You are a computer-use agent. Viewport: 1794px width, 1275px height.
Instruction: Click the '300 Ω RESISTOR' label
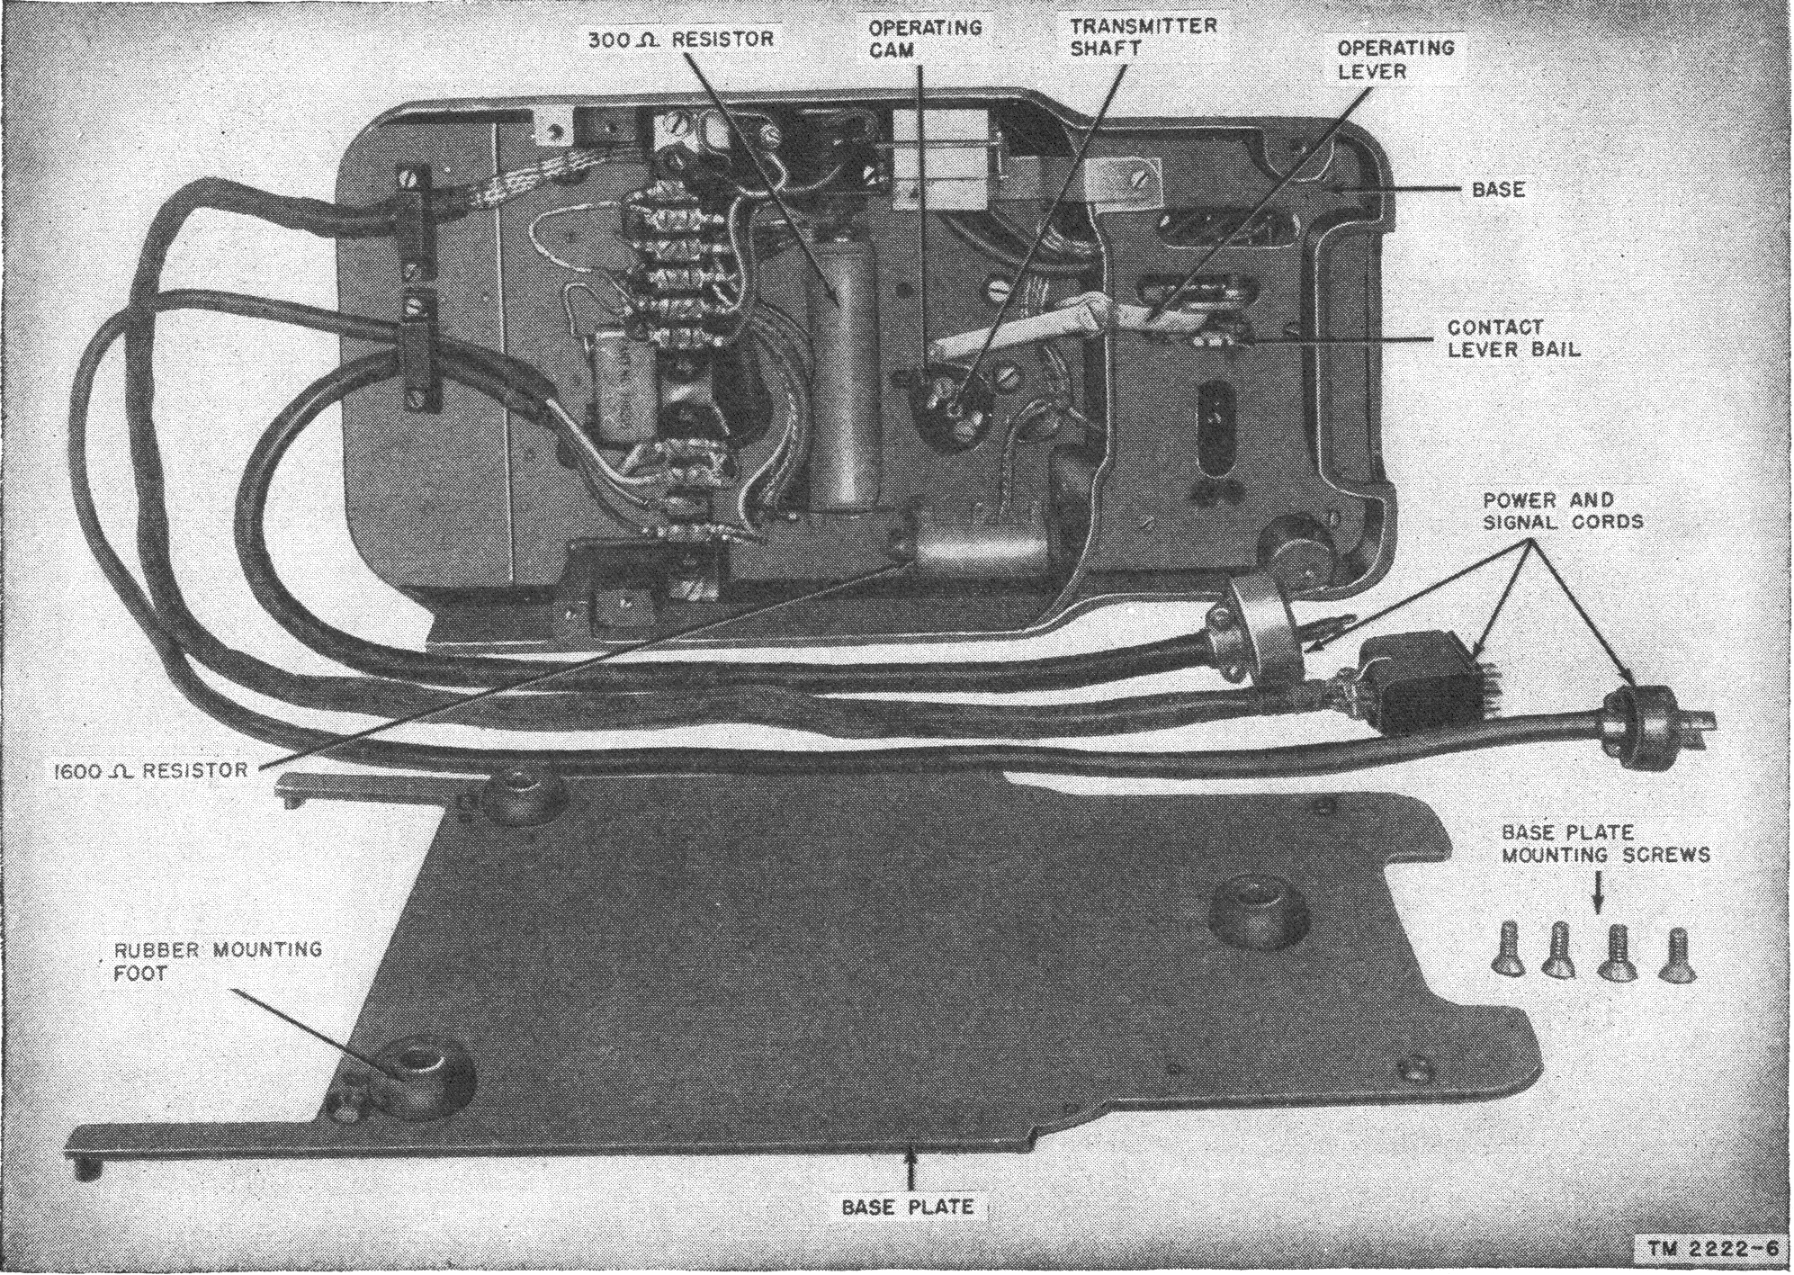[680, 40]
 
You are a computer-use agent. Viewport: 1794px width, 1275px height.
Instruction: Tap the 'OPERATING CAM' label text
[924, 39]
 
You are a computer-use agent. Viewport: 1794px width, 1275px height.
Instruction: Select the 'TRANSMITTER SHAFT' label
[1143, 37]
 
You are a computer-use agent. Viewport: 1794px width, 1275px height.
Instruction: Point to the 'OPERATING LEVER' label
[1395, 58]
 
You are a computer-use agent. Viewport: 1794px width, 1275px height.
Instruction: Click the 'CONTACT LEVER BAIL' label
[1512, 338]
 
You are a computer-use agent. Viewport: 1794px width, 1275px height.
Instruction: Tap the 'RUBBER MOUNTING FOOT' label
[217, 961]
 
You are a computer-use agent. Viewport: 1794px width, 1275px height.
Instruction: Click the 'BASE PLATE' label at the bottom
[907, 1206]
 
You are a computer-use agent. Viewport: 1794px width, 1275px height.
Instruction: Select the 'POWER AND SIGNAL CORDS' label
[1562, 510]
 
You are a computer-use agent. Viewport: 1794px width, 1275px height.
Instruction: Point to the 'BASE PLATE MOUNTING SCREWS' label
[1605, 843]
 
